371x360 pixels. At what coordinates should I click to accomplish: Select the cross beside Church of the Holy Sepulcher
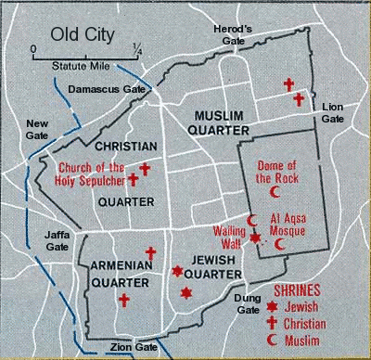tap(133, 177)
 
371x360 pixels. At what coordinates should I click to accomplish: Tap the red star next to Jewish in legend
tap(273, 305)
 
